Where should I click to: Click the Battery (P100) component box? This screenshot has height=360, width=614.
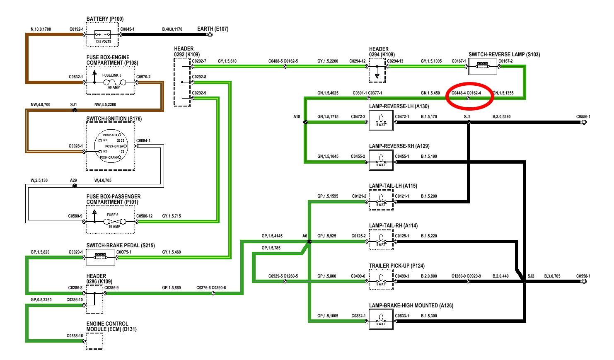tap(103, 35)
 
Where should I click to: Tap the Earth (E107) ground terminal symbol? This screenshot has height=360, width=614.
tap(210, 34)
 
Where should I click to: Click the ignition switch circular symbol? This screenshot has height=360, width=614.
tap(111, 146)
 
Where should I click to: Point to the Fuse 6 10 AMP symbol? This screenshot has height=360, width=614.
tap(114, 221)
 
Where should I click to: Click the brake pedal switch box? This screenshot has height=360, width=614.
tap(100, 257)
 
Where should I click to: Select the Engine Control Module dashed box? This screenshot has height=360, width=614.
tap(94, 341)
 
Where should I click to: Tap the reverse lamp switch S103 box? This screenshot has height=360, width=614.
tap(482, 66)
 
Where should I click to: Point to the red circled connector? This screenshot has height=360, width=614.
tap(468, 98)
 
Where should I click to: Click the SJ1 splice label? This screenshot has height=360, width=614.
tap(73, 104)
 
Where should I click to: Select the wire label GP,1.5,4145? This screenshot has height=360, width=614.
tap(272, 236)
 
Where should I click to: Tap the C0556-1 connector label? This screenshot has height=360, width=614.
tap(583, 117)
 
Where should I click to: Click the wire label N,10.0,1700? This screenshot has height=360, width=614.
tap(41, 29)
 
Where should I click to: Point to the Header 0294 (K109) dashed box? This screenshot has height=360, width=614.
tap(377, 71)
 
